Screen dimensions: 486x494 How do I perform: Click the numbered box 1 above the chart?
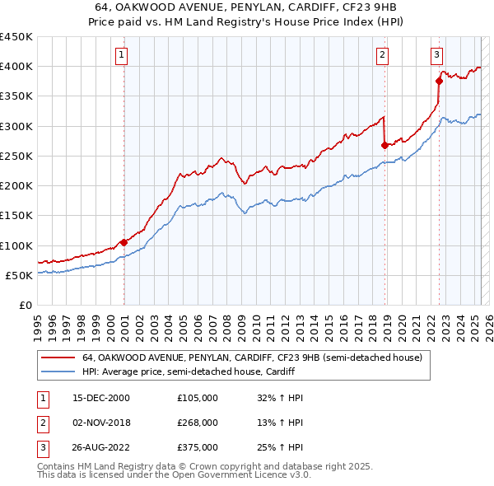[121, 55]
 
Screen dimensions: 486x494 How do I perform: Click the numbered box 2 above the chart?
[383, 55]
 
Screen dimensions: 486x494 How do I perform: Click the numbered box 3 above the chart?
[436, 55]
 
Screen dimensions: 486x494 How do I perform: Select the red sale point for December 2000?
[123, 242]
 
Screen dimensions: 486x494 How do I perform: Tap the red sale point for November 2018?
[384, 145]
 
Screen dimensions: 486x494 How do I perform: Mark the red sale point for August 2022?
[439, 81]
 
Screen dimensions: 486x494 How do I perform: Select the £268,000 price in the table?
[198, 422]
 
